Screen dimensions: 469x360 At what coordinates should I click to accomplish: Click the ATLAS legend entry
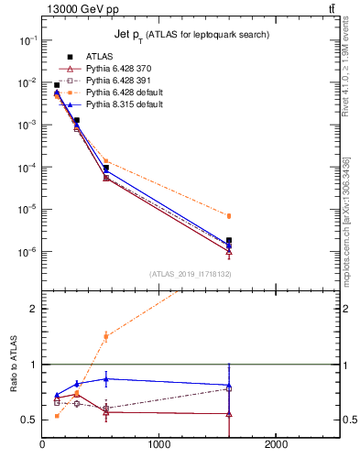[98, 56]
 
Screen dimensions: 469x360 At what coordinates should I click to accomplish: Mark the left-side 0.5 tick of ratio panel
[30, 420]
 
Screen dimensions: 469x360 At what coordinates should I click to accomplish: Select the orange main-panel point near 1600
[229, 216]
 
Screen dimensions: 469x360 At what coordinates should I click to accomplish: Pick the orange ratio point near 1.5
[106, 336]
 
